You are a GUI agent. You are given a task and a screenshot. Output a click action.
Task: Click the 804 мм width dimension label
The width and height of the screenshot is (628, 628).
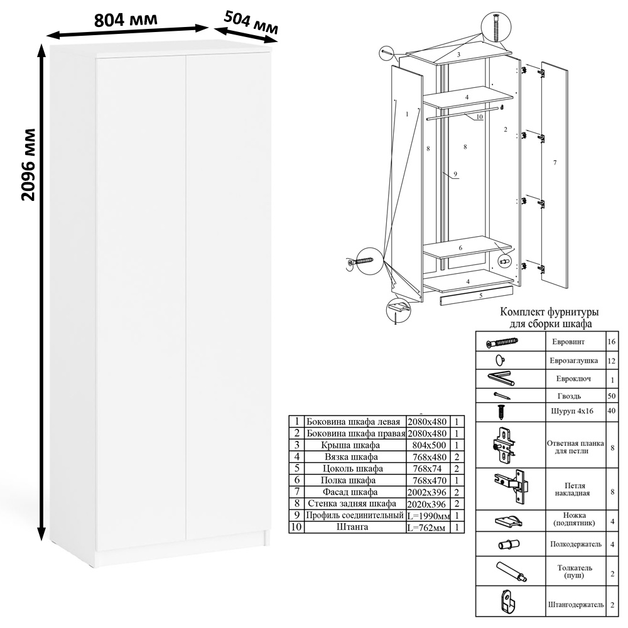point(126,19)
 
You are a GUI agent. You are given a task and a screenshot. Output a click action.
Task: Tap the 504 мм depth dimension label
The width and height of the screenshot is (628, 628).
point(251,23)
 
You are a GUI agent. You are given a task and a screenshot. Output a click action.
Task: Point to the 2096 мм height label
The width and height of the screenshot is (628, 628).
point(28,165)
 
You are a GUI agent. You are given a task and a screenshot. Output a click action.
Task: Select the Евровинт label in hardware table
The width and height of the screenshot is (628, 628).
point(568,342)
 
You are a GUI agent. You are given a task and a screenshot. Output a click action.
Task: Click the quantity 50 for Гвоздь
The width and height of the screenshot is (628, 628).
point(611,396)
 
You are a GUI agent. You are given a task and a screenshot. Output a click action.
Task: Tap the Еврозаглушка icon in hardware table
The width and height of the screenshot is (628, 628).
point(500,360)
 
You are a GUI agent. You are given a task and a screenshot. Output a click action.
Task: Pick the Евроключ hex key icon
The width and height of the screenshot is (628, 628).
point(501,379)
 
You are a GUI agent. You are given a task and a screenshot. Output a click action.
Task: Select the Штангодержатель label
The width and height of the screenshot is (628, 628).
point(575,604)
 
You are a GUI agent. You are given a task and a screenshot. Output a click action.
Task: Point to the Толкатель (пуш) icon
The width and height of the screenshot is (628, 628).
point(511,571)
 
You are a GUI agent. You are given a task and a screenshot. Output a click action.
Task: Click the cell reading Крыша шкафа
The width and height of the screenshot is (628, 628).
point(350,445)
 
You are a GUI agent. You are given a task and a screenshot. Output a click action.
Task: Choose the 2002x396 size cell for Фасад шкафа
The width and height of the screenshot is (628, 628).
point(426,492)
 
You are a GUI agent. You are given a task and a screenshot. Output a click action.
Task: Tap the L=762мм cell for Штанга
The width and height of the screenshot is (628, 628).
point(426,527)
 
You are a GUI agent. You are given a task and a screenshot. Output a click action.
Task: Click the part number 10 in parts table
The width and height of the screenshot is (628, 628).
point(296,527)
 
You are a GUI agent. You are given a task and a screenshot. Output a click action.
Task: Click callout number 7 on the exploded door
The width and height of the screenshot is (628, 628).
point(555,163)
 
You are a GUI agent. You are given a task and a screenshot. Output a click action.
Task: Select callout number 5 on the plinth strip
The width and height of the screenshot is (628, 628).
point(480,296)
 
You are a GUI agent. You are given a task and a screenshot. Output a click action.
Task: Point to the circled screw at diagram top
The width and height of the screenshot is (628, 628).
point(497,27)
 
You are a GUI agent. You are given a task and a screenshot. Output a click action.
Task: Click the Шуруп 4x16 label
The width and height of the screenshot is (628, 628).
point(572,411)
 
